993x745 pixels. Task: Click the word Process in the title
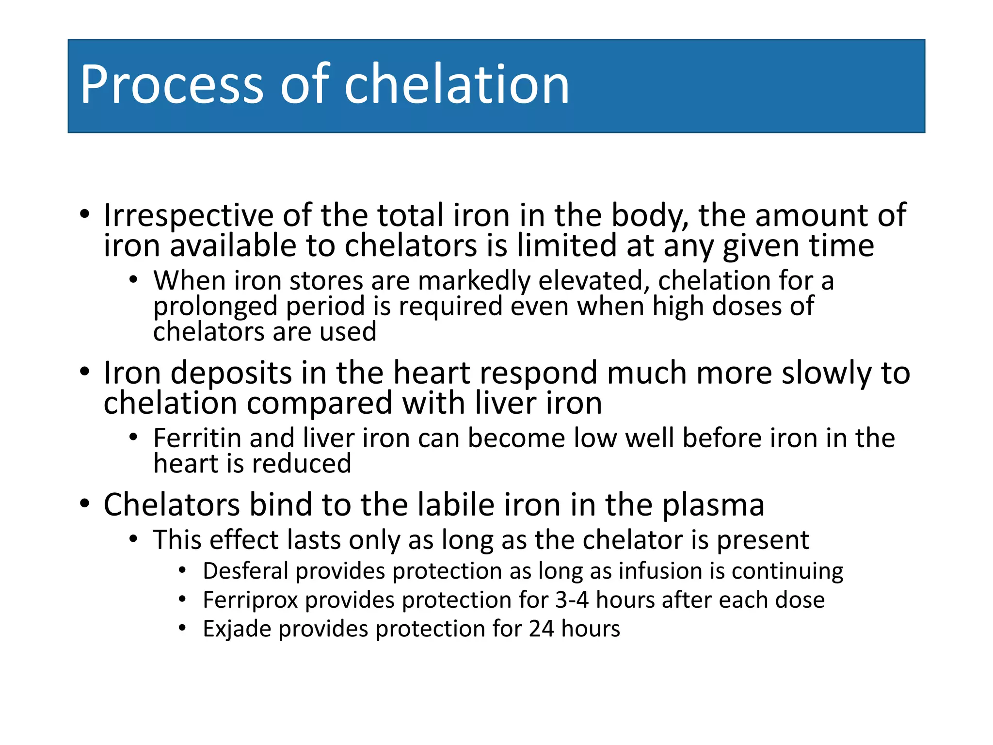click(171, 85)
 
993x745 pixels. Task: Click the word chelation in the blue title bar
click(456, 85)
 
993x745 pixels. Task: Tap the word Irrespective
click(188, 216)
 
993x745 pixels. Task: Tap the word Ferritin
click(197, 438)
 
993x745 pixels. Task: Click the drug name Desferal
click(246, 571)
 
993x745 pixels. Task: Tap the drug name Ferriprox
click(250, 600)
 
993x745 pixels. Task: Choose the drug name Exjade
click(236, 629)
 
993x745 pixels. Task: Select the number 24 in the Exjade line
click(541, 629)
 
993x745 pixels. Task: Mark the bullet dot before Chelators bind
click(85, 504)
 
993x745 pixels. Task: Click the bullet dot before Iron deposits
click(85, 372)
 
